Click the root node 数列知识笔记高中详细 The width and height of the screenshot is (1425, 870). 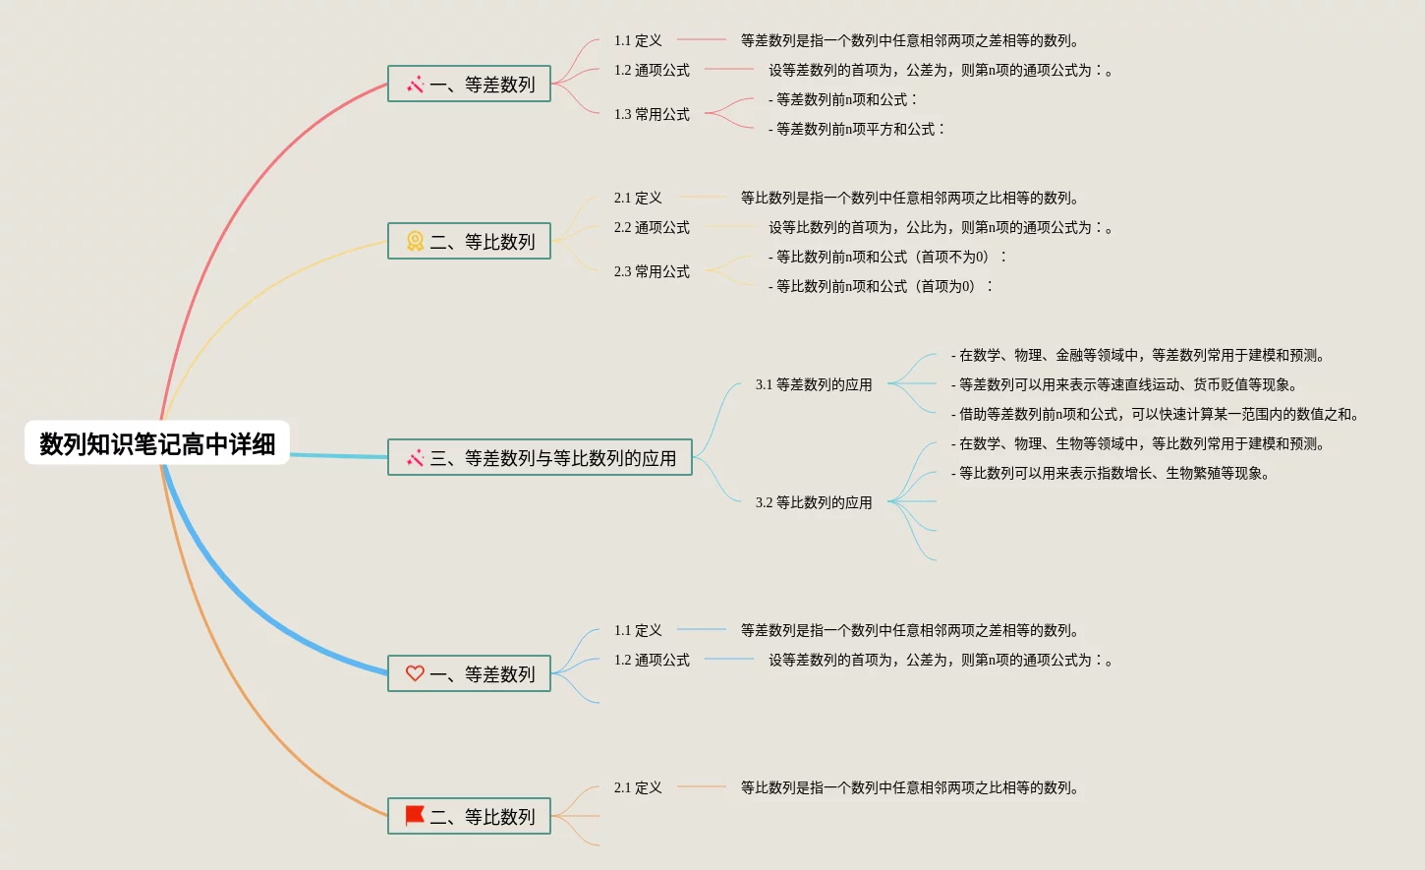click(x=157, y=443)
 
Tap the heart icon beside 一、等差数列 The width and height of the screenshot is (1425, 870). click(x=415, y=673)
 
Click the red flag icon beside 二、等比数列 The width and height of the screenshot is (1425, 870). click(x=415, y=815)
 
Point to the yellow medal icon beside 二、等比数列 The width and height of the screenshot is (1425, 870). click(x=415, y=241)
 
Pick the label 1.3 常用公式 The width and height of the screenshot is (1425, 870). click(x=652, y=114)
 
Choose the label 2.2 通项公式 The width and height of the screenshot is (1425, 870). click(x=652, y=227)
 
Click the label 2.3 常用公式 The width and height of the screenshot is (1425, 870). click(x=652, y=271)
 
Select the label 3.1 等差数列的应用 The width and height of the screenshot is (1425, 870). click(x=814, y=384)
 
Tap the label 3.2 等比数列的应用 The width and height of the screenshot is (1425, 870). click(x=814, y=502)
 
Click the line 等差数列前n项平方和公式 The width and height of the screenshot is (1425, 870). click(x=856, y=129)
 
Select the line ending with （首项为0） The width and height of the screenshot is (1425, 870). click(x=881, y=286)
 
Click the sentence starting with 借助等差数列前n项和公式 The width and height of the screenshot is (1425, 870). click(x=1155, y=414)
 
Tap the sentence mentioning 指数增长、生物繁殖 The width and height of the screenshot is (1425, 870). click(x=1111, y=473)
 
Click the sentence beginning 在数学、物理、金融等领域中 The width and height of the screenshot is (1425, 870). click(x=1138, y=355)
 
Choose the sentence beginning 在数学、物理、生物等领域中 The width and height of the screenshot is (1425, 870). click(x=1138, y=443)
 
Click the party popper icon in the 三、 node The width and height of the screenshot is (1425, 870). click(x=415, y=458)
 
